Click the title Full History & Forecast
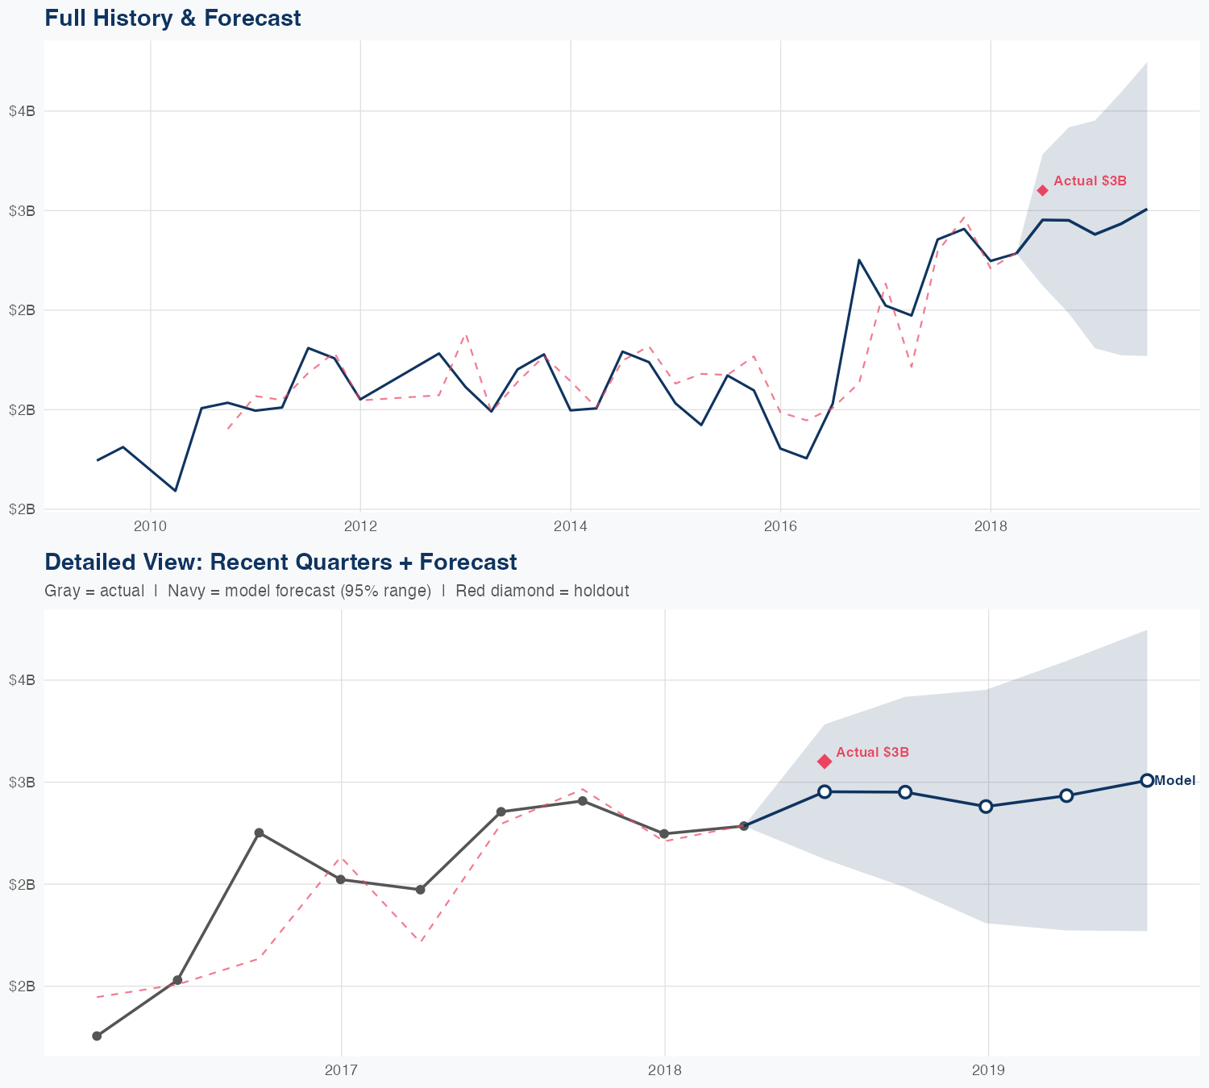172,18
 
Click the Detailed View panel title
280,562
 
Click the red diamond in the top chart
1042,190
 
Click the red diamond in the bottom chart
825,762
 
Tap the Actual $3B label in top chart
1090,181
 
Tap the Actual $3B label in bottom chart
872,752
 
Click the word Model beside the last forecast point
1175,780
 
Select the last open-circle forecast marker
1147,780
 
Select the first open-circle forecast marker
825,791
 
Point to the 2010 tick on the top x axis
151,527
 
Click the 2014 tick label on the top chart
571,527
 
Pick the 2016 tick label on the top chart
780,527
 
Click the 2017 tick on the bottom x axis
341,1070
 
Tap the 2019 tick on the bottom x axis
988,1070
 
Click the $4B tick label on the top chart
22,111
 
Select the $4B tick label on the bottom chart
22,680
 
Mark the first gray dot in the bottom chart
97,1036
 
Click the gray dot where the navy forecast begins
744,826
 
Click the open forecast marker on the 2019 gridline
986,806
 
